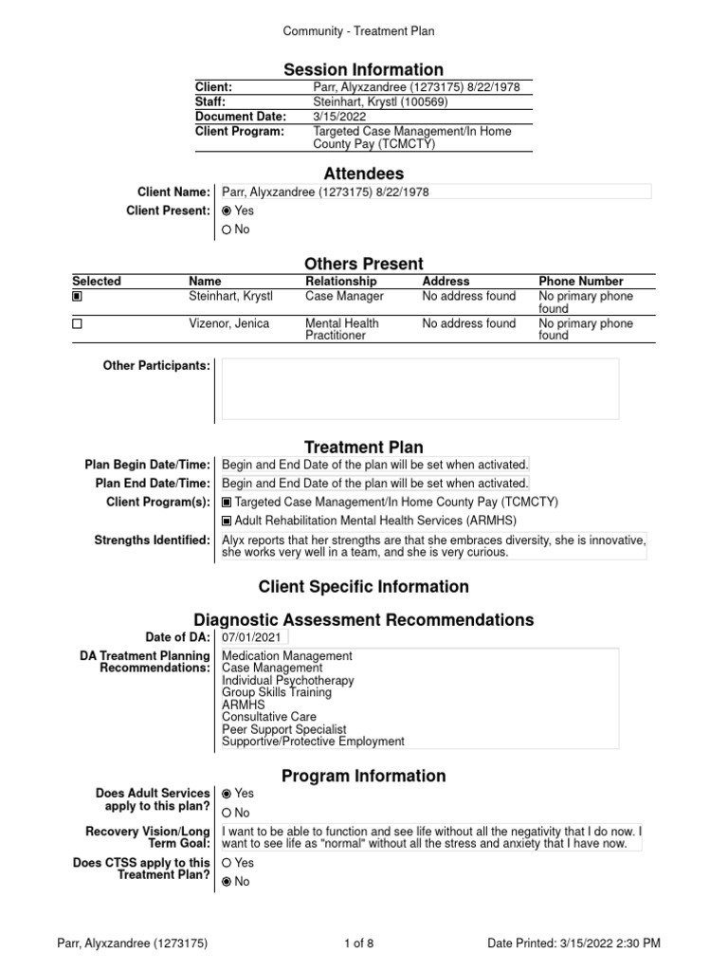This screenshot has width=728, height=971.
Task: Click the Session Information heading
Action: click(x=364, y=69)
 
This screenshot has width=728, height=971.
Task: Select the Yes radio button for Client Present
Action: click(x=227, y=211)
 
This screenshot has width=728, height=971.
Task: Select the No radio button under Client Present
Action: click(x=227, y=229)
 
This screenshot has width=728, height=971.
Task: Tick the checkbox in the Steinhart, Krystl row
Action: click(x=78, y=297)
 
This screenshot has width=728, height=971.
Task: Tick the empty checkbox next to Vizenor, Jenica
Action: click(x=78, y=324)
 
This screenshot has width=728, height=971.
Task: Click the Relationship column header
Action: click(x=340, y=282)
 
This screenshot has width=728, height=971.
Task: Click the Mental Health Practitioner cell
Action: click(x=341, y=329)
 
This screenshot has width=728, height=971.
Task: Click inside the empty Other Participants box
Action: click(x=419, y=389)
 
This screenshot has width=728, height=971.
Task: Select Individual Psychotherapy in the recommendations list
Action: click(x=287, y=681)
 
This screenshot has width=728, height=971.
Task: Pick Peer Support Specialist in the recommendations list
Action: click(x=284, y=730)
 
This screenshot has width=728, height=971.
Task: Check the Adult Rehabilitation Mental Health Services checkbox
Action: click(x=227, y=521)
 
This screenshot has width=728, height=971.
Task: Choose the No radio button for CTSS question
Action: click(x=227, y=882)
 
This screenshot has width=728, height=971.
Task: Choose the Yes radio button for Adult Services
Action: click(x=227, y=793)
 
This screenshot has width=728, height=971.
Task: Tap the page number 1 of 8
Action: click(x=363, y=944)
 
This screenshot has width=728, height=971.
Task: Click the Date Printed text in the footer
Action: click(x=573, y=944)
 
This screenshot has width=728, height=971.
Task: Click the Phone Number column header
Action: click(x=580, y=282)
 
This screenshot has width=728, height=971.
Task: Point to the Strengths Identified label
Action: click(x=152, y=540)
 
